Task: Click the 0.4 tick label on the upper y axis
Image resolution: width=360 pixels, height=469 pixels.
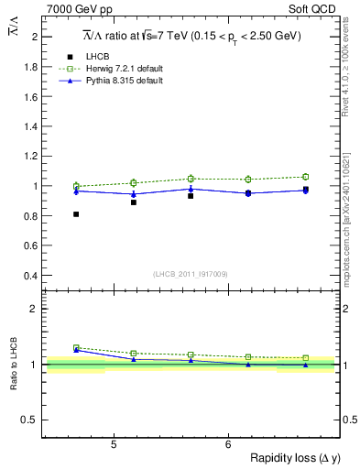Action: [x=29, y=275]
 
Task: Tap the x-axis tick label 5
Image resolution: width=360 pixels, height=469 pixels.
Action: [x=113, y=446]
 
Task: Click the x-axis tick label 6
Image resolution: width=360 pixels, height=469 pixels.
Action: [x=227, y=446]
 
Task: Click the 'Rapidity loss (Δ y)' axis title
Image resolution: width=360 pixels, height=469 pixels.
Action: [x=291, y=459]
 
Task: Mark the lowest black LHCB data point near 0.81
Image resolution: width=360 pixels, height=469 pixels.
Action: [x=76, y=214]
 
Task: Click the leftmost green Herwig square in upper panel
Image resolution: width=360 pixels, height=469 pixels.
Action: [x=76, y=186]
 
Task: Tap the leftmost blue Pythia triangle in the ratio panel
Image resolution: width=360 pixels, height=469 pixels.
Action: [x=76, y=350]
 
